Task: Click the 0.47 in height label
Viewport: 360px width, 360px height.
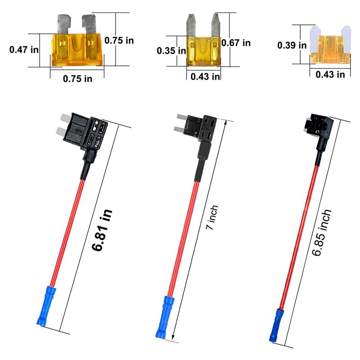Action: [x=24, y=49]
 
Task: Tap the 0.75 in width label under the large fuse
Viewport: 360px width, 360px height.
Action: [x=77, y=78]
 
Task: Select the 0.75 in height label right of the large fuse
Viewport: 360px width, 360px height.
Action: [x=119, y=40]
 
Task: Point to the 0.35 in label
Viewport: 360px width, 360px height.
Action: [x=171, y=51]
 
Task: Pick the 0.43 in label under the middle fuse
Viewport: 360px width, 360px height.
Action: [x=205, y=76]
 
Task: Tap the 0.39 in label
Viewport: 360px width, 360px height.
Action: [x=292, y=45]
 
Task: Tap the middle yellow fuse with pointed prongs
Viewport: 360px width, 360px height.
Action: [x=203, y=43]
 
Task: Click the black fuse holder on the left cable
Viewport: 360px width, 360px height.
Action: [x=86, y=135]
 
